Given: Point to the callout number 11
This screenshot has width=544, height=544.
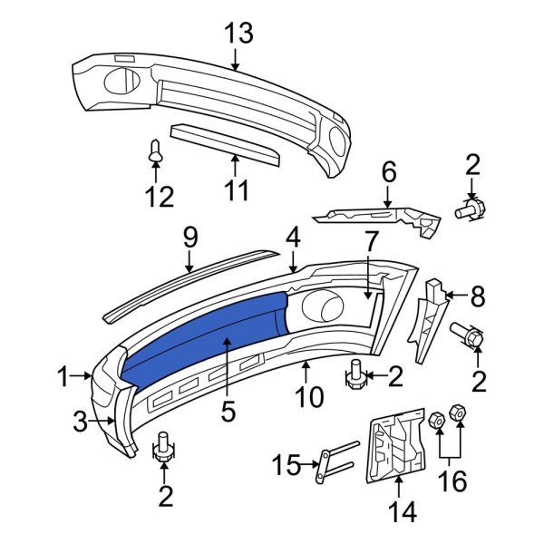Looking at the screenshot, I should (236, 191).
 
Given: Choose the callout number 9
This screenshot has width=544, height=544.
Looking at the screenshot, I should (189, 238).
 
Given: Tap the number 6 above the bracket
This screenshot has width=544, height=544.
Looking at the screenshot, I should (388, 171).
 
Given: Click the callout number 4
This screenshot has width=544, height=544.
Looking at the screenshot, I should (293, 238).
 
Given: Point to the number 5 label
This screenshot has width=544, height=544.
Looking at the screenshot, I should (227, 412).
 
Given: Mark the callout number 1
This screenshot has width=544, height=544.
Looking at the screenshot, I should (63, 376).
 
